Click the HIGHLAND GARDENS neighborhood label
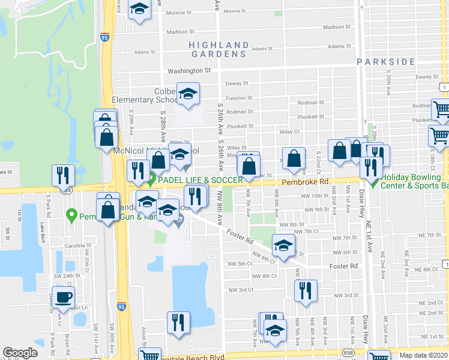click(x=218, y=49)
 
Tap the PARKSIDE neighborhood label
click(x=385, y=62)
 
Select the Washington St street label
click(x=190, y=71)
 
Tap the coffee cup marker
click(x=63, y=296)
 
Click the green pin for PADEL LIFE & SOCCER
click(x=152, y=179)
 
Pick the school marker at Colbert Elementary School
click(x=188, y=94)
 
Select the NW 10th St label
click(x=316, y=196)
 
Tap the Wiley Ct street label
click(x=289, y=131)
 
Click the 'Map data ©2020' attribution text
click(x=423, y=355)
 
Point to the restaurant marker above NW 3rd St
click(x=306, y=291)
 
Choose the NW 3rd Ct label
click(x=242, y=290)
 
